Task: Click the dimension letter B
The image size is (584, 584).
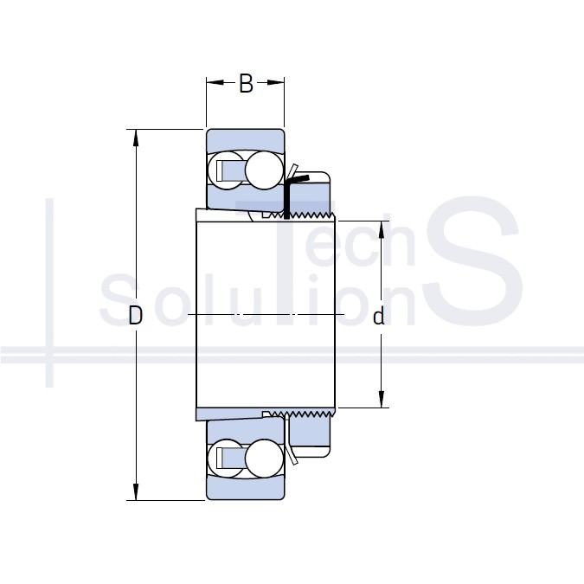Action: pos(246,83)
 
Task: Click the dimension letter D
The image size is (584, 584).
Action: pos(135,315)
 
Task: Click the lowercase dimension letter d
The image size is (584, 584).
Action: pos(379,316)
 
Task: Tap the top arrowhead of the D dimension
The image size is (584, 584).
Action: pos(136,138)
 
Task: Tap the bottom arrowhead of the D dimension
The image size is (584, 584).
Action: pos(136,491)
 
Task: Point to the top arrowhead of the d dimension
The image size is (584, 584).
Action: pos(381,229)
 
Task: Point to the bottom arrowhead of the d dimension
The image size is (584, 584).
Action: pos(381,399)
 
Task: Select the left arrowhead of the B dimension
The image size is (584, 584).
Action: pos(215,82)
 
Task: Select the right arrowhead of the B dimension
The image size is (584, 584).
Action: pos(276,82)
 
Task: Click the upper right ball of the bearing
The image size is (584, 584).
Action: pos(264,170)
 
